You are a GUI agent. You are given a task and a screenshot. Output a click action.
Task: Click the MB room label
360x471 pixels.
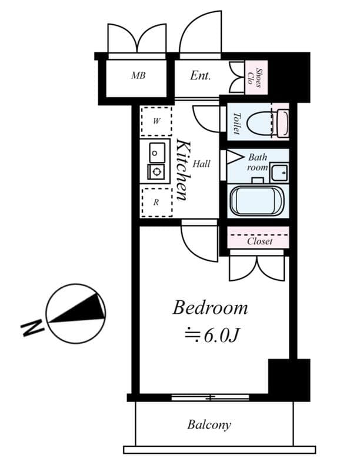click(138, 76)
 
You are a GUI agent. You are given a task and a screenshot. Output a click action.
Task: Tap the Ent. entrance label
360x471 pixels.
click(201, 76)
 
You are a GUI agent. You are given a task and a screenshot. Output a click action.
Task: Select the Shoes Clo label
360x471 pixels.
click(256, 77)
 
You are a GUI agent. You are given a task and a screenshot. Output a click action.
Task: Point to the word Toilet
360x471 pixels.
click(236, 123)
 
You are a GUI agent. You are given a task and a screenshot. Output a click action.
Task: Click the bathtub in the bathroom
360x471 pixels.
click(257, 201)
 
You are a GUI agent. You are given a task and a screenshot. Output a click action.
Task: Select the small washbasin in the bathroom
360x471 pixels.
click(279, 173)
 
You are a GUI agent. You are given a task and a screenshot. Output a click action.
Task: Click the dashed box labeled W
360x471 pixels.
click(156, 122)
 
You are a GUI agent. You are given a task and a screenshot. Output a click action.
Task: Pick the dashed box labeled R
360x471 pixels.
click(156, 202)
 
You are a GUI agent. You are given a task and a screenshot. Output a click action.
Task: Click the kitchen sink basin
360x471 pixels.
click(156, 152)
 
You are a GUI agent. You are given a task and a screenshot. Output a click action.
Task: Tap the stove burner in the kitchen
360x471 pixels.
click(156, 172)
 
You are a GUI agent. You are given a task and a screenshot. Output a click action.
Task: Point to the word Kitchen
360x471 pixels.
click(182, 170)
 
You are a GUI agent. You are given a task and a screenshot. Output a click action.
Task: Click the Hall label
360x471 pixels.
click(201, 164)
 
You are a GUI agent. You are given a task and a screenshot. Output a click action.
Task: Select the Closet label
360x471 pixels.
click(259, 241)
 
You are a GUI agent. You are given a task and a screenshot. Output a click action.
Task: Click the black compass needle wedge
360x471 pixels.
click(79, 310)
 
